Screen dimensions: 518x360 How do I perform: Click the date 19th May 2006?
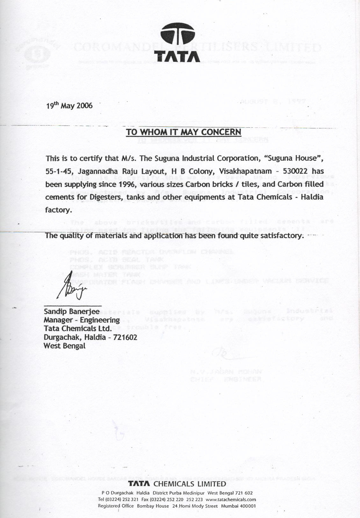click(69, 105)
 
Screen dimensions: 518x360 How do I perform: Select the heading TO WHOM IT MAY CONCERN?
click(184, 132)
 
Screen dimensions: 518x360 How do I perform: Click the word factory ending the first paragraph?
click(58, 210)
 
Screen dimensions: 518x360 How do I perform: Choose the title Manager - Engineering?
click(82, 320)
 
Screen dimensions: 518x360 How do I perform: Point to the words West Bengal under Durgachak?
click(64, 346)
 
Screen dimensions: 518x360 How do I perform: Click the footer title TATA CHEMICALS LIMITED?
click(177, 484)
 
